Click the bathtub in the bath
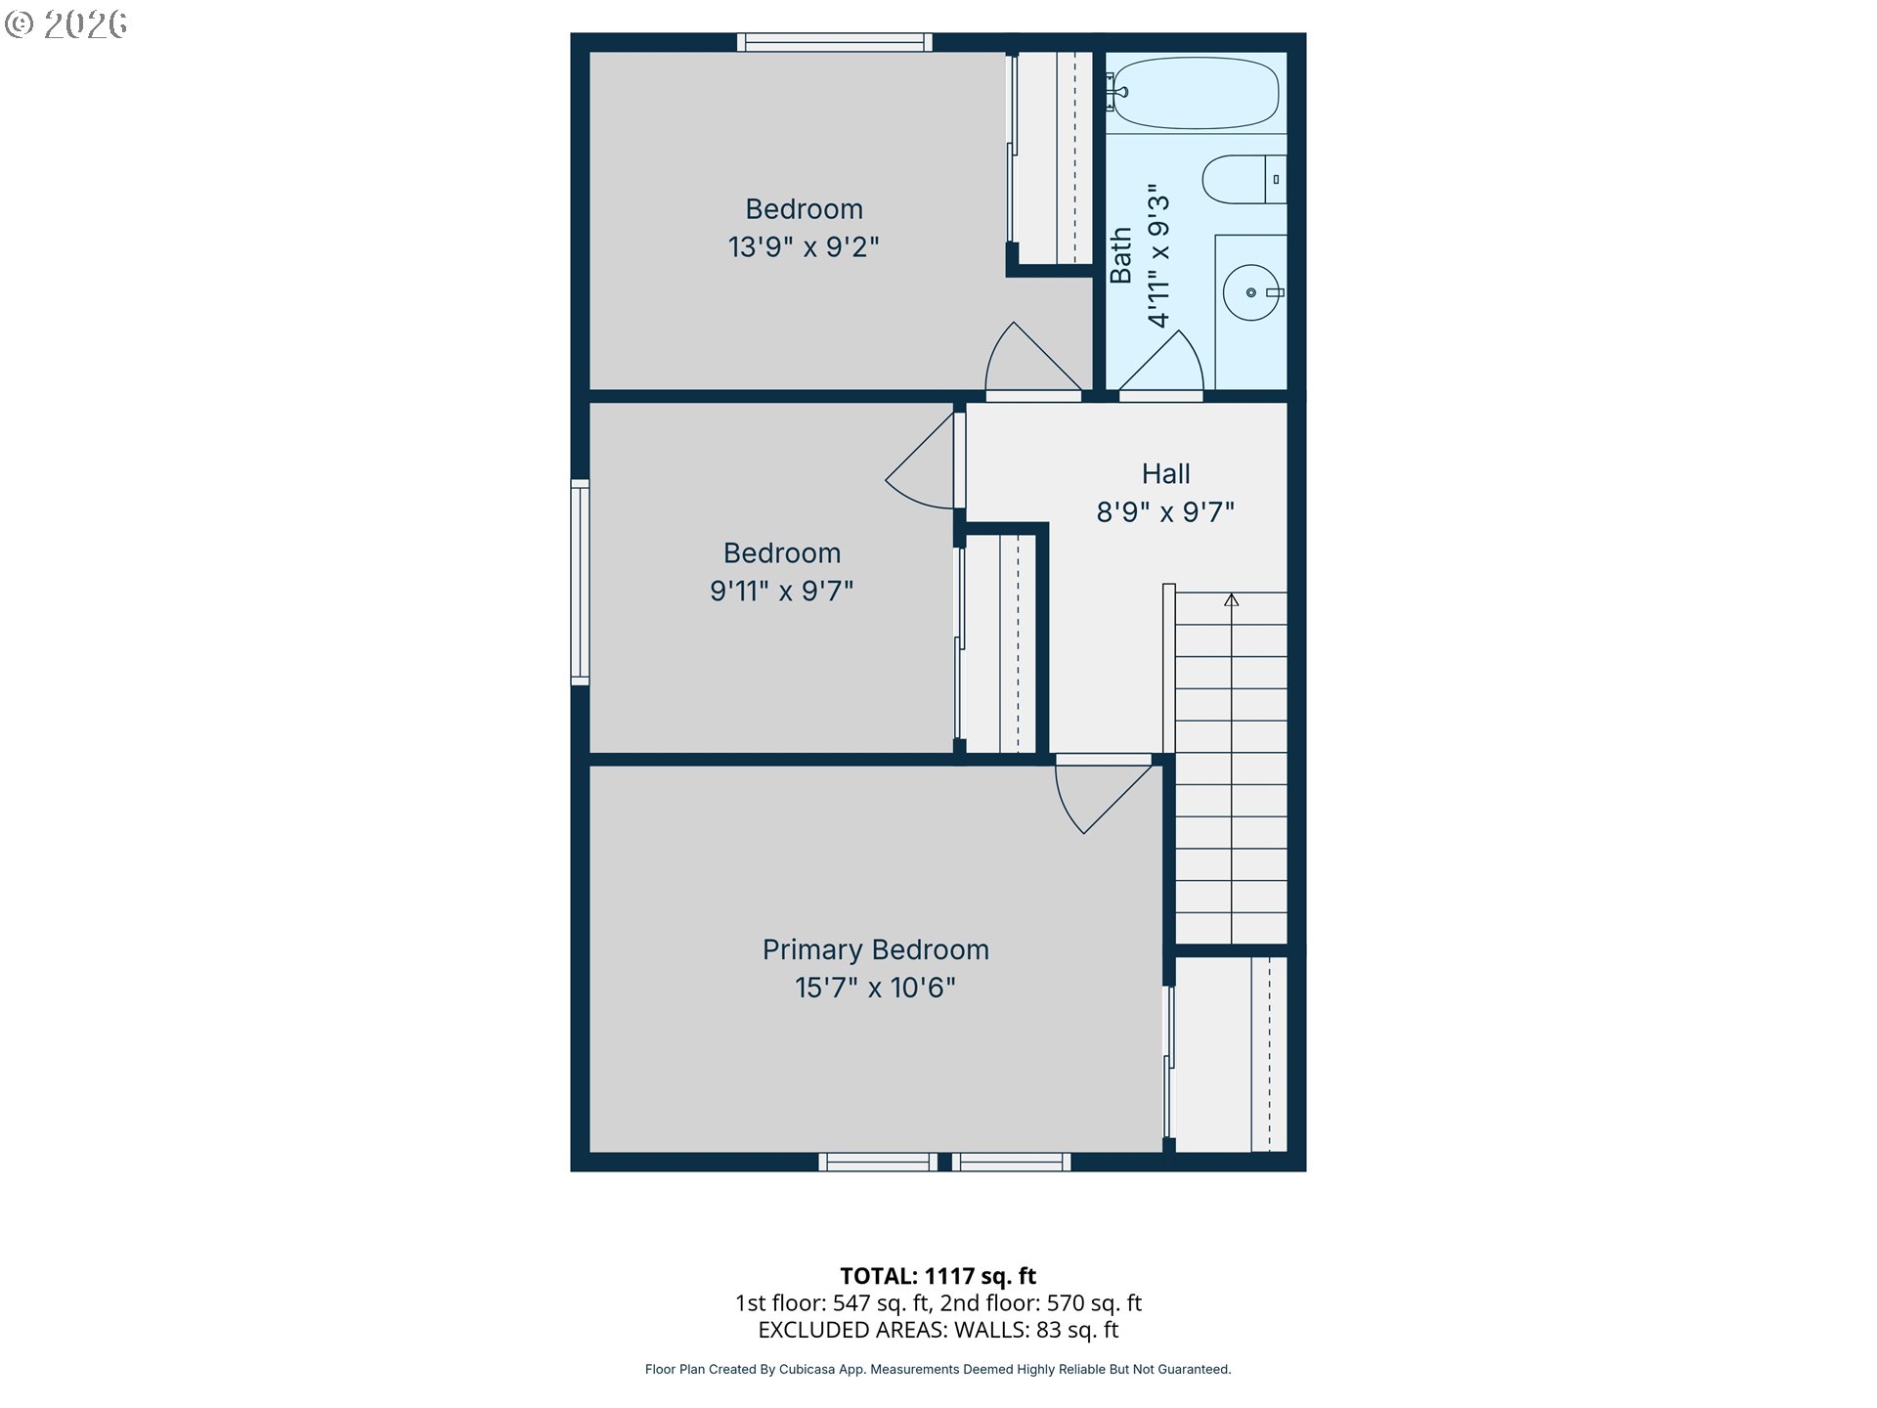pos(1196,93)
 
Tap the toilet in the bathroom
pos(1242,179)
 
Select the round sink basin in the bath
pos(1250,292)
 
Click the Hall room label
pos(1165,474)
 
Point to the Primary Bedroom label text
pos(875,949)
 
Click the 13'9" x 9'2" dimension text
pos(804,247)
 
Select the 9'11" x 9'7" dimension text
pos(781,591)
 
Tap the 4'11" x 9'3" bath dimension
pos(1158,255)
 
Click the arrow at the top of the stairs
pos(1231,599)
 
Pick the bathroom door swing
pos(1163,365)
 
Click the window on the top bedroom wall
pos(834,42)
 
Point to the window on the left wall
pos(580,581)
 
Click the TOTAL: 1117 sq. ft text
pos(938,1276)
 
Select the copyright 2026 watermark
pos(65,23)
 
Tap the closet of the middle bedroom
pos(1000,642)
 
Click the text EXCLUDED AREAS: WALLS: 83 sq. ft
pos(938,1330)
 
